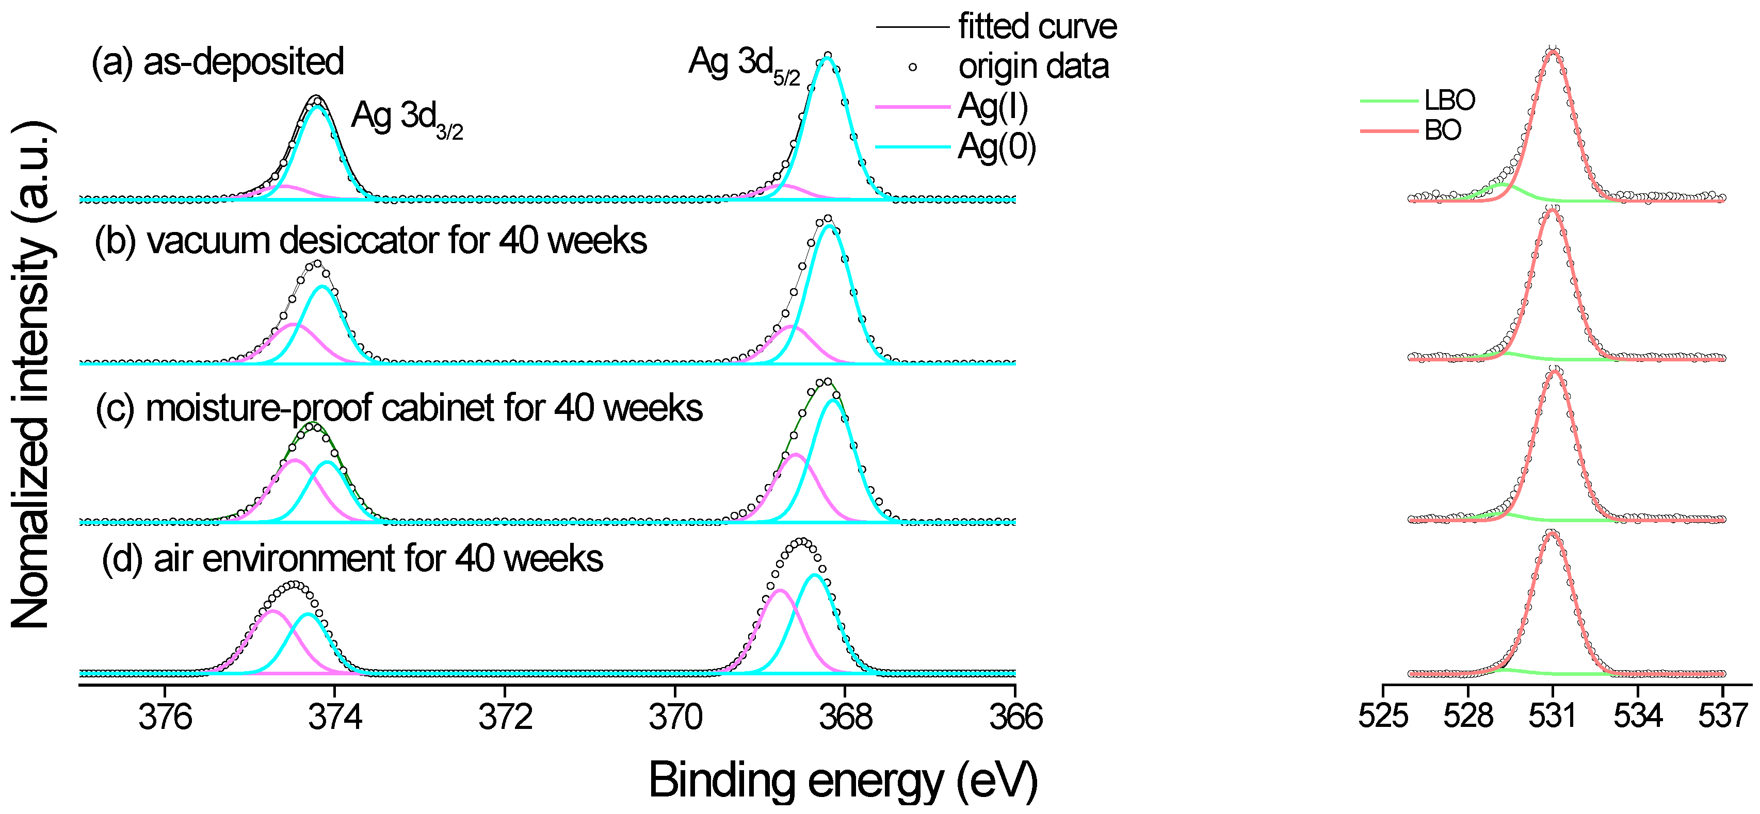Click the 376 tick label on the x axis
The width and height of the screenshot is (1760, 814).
[x=165, y=718]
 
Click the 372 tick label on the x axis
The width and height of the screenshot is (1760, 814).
[x=505, y=718]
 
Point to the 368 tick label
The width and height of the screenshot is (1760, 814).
[x=845, y=718]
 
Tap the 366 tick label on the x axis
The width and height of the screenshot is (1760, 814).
[x=1015, y=718]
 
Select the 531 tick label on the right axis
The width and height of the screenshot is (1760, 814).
[x=1552, y=716]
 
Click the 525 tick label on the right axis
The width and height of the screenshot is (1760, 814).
[x=1383, y=716]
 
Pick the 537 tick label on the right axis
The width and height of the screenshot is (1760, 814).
[x=1722, y=716]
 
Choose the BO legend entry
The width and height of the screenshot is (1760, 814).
[x=1442, y=130]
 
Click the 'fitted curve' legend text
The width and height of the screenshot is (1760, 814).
[x=1037, y=27]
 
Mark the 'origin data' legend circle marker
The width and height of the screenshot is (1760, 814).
[x=912, y=67]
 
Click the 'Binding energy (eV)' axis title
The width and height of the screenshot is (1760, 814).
[x=843, y=780]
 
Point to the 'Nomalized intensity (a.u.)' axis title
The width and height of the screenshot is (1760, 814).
[x=31, y=374]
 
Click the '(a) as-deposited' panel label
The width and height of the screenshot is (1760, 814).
[x=217, y=61]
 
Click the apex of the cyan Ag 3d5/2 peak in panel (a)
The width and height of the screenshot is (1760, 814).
[x=827, y=58]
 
